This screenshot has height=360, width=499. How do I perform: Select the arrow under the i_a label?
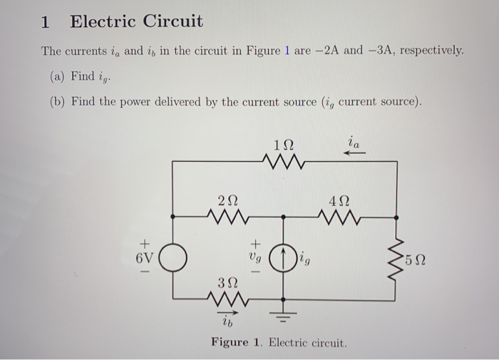pyautogui.click(x=354, y=151)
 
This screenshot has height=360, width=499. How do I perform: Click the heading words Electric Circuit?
pyautogui.click(x=136, y=22)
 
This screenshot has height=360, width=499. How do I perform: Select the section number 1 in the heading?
pyautogui.click(x=46, y=22)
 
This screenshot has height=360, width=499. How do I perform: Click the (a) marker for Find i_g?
pyautogui.click(x=56, y=76)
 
